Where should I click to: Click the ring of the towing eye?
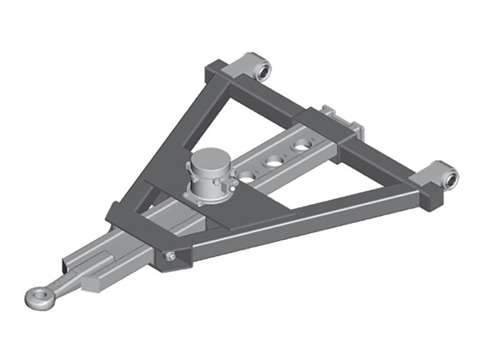(x=35, y=299)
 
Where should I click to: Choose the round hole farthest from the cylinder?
(x=301, y=147)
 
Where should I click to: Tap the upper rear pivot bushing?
(x=260, y=68)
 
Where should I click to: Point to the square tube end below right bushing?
(x=427, y=201)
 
